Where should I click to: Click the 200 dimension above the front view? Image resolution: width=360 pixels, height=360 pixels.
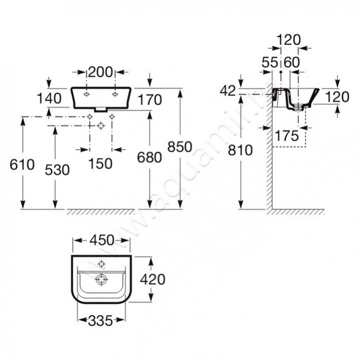pyautogui.click(x=101, y=72)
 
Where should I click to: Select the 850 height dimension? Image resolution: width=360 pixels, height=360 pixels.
pyautogui.click(x=180, y=147)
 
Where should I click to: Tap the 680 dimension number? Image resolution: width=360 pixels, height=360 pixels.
pyautogui.click(x=150, y=157)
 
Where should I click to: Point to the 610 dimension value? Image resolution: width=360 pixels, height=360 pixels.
pyautogui.click(x=22, y=165)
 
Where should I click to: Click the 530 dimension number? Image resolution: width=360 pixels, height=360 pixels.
pyautogui.click(x=57, y=170)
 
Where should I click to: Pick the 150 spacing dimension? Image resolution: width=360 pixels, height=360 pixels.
pyautogui.click(x=101, y=164)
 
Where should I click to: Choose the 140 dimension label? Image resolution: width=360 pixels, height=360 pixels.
pyautogui.click(x=49, y=98)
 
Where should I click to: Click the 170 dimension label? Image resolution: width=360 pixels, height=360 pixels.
pyautogui.click(x=150, y=100)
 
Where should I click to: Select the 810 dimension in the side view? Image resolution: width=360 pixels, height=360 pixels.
pyautogui.click(x=240, y=150)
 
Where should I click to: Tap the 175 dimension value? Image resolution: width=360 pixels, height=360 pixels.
pyautogui.click(x=287, y=135)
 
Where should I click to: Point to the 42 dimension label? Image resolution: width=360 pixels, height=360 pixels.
pyautogui.click(x=228, y=91)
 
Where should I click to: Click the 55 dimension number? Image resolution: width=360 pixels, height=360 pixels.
pyautogui.click(x=270, y=62)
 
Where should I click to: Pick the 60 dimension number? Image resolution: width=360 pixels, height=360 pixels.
pyautogui.click(x=292, y=62)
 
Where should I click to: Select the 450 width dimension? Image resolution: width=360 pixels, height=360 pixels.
pyautogui.click(x=102, y=240)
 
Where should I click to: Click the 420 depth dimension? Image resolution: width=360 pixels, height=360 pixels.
pyautogui.click(x=153, y=279)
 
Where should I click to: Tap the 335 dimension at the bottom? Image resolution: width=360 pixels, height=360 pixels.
pyautogui.click(x=101, y=320)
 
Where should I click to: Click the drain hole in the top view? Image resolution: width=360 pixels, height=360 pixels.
pyautogui.click(x=101, y=279)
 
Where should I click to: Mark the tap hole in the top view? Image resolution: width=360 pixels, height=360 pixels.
pyautogui.click(x=101, y=264)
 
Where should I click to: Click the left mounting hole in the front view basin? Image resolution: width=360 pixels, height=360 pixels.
pyautogui.click(x=86, y=94)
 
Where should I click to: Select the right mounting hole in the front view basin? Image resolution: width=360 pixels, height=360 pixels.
pyautogui.click(x=115, y=94)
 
